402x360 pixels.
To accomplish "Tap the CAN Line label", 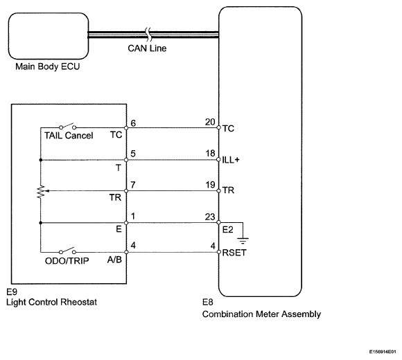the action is click(x=147, y=48).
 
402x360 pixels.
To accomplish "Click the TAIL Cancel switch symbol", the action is click(x=68, y=126).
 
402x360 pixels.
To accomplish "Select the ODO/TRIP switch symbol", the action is click(x=68, y=251).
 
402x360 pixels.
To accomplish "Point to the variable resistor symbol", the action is click(x=41, y=192).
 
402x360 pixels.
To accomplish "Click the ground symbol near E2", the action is click(x=243, y=241).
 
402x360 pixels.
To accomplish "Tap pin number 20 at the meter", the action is click(x=210, y=122).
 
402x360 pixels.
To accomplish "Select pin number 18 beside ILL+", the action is click(x=210, y=153).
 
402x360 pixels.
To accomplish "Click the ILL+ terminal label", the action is click(x=231, y=160).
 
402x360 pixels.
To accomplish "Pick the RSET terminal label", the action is click(x=234, y=253).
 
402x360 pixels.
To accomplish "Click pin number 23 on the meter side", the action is click(x=210, y=217).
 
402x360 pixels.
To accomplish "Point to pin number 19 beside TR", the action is click(x=210, y=185).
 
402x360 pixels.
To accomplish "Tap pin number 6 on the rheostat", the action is click(x=133, y=123).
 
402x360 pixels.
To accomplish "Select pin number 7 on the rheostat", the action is click(x=133, y=185).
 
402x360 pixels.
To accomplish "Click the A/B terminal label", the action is click(x=114, y=260).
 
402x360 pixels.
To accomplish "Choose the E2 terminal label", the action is click(x=228, y=230).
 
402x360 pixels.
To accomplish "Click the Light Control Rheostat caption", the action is click(x=51, y=302).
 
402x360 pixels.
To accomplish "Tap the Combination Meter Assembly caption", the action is click(x=261, y=314).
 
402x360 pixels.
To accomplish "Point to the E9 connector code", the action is click(x=12, y=291).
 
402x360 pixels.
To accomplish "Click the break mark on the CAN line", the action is click(x=148, y=35).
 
